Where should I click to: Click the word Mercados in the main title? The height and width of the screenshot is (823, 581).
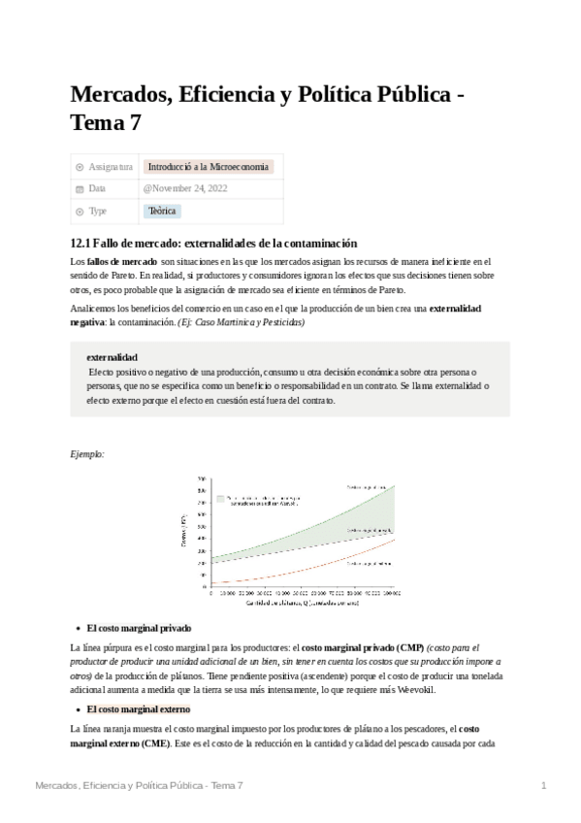(x=124, y=97)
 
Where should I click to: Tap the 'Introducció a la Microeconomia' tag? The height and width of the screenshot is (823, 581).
(x=209, y=167)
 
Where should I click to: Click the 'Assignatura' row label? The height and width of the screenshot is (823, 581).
(x=110, y=167)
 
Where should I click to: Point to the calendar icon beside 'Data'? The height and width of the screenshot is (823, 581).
(x=80, y=188)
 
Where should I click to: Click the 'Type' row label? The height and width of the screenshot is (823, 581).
(x=98, y=211)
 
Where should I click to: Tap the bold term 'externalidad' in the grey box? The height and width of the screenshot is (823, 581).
(x=112, y=357)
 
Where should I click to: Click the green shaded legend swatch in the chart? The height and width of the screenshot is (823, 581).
(x=222, y=498)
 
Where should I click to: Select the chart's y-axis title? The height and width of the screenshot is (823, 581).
(x=184, y=533)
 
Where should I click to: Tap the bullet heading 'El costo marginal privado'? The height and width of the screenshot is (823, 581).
(x=139, y=628)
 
